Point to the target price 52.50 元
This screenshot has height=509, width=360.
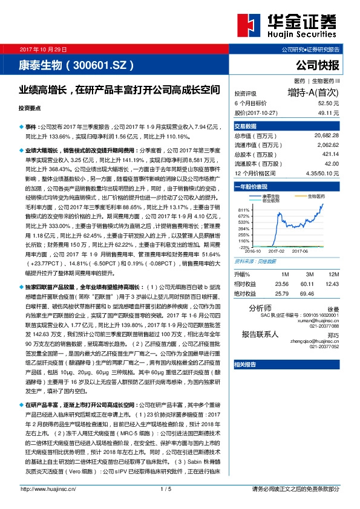[x=328, y=103]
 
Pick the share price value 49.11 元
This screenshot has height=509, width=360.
[x=328, y=112]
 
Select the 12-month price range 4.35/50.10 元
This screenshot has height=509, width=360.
[x=322, y=173]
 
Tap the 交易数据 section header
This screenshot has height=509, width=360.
[x=246, y=126]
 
